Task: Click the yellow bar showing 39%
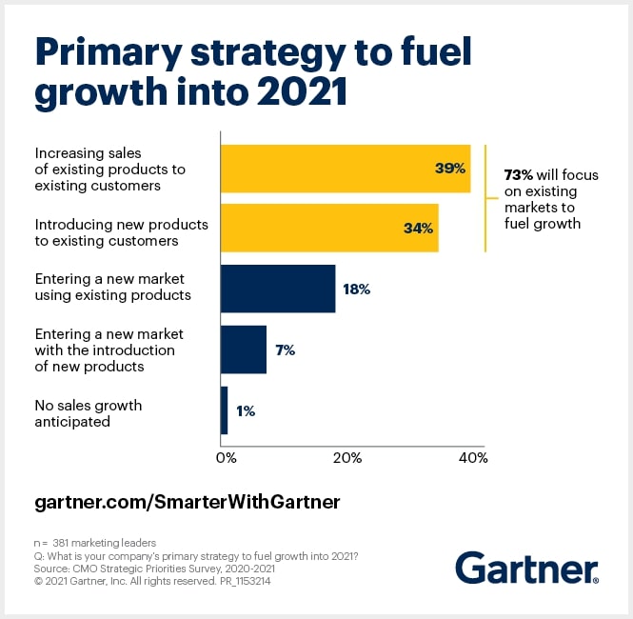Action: [x=346, y=169]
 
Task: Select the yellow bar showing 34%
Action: [x=329, y=228]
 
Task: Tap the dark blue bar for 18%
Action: [x=278, y=289]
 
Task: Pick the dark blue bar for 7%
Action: [x=244, y=349]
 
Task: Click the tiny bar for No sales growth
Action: [x=225, y=410]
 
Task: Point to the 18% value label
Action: [x=356, y=290]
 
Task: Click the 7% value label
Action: [x=285, y=350]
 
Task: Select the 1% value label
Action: [x=246, y=411]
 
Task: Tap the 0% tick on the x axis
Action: [x=226, y=458]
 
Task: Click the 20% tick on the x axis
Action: [x=346, y=458]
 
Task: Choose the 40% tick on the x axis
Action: [x=473, y=458]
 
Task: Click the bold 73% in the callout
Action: [x=519, y=174]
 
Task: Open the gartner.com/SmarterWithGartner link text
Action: [x=187, y=501]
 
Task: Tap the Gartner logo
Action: [x=526, y=568]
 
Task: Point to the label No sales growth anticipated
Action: [x=88, y=412]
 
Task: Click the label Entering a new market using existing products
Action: [x=112, y=287]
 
